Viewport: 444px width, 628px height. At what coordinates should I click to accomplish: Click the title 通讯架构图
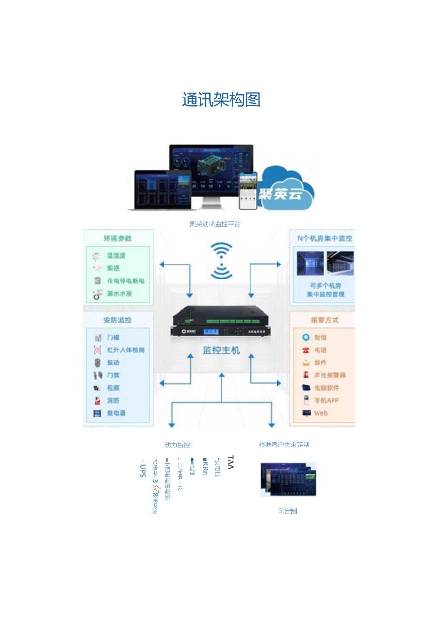coord(221,100)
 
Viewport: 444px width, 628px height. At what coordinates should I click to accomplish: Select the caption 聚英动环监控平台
coord(215,224)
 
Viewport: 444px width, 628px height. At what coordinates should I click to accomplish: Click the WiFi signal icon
coord(221,261)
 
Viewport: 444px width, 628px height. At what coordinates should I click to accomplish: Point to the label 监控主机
coord(221,350)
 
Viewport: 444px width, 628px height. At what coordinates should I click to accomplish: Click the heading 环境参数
coord(117,238)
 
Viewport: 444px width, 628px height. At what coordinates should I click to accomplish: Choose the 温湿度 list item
coord(116,256)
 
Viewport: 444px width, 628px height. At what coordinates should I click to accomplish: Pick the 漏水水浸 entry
coord(119,293)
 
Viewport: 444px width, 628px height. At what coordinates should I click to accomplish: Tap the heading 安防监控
coord(117,320)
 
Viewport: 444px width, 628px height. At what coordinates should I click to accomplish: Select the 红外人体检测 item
coord(125,350)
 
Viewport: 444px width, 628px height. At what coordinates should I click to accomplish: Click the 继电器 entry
coord(116,413)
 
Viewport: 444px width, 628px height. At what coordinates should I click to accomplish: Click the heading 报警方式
coord(324,320)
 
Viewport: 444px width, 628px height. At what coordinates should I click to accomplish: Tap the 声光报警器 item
coord(330,375)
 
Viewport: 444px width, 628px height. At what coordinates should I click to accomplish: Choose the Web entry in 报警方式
coord(320,413)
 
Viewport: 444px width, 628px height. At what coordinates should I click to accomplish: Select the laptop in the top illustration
coord(162,191)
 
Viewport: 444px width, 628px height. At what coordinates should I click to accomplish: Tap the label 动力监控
coord(177,445)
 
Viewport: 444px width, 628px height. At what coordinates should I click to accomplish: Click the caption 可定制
coord(287,511)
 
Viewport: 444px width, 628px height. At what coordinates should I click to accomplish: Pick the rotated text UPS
coord(142,470)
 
